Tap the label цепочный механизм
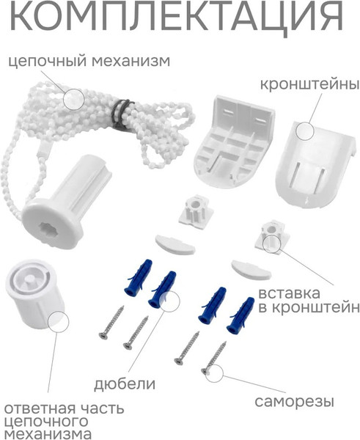(x=89, y=62)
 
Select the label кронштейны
(x=309, y=85)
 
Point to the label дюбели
(x=125, y=384)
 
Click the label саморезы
(x=294, y=402)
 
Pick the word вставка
(x=289, y=293)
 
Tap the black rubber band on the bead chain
(x=122, y=112)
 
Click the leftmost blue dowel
(x=138, y=276)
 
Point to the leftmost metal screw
(x=111, y=322)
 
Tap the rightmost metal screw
(x=214, y=357)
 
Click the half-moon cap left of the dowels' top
(x=175, y=243)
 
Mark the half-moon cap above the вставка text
(x=251, y=270)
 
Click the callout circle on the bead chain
(x=73, y=99)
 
